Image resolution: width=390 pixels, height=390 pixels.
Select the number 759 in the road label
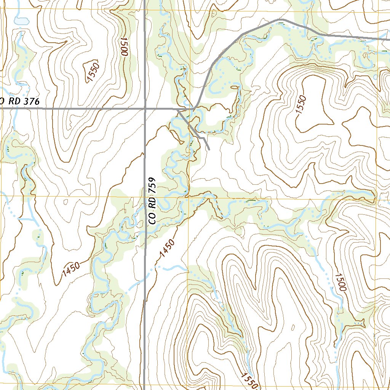point(153,185)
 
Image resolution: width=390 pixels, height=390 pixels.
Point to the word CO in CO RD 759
point(153,218)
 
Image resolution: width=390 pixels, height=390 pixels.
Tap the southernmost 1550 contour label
point(249,380)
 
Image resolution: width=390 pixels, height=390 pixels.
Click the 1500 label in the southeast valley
point(340,282)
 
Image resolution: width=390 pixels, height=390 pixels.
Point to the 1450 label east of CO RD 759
point(168,248)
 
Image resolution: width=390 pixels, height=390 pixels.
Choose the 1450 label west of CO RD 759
point(71,270)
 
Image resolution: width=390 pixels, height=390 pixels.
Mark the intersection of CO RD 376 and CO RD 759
point(145,109)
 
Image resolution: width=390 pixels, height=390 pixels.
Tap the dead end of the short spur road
point(209,150)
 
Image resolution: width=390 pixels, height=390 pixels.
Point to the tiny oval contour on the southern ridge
point(293,327)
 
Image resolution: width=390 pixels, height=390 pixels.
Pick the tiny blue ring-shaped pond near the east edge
point(376,77)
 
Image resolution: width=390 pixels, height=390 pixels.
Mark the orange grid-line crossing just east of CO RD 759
point(189,197)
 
